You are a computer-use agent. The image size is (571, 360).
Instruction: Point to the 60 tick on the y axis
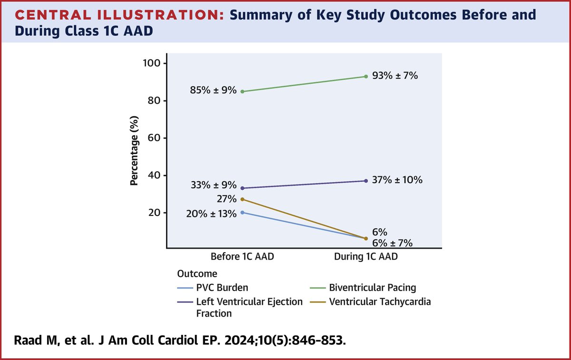157,138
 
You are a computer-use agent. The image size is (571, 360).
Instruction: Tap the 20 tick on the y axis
157,213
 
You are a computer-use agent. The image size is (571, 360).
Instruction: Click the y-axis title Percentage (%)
135,150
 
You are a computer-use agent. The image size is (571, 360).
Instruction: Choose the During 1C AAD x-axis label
365,256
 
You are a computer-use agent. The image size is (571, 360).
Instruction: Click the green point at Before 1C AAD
243,91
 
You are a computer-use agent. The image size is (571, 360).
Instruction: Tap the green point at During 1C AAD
365,76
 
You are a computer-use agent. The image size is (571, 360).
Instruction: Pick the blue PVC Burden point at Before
243,212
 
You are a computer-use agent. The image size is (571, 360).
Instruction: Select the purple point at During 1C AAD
365,181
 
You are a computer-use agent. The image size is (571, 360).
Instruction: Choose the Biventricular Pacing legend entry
372,287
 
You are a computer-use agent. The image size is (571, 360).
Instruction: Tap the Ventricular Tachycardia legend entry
379,302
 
